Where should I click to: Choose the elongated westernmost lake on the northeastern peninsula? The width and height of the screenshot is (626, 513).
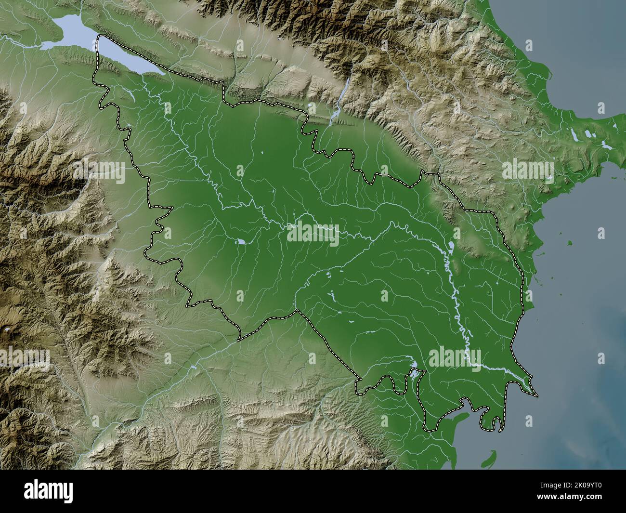[x=575, y=136]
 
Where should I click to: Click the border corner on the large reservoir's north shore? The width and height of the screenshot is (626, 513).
[x=100, y=37]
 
